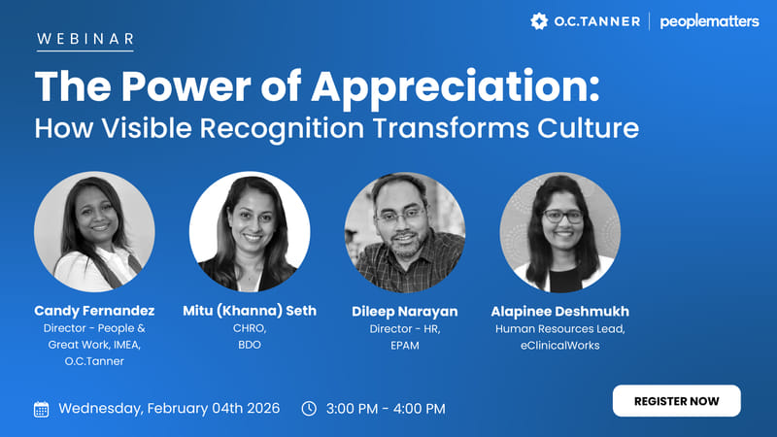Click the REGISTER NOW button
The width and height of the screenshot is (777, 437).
676,400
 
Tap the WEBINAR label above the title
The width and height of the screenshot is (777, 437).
84,39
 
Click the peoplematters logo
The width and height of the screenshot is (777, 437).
709,21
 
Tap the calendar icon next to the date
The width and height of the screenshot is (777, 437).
41,409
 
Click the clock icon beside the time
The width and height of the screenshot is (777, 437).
309,409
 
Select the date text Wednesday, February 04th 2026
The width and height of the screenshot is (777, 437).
169,409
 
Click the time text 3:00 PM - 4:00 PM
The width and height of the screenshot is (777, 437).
387,409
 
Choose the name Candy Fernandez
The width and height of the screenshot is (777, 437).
94,311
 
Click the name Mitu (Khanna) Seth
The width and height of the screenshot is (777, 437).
250,311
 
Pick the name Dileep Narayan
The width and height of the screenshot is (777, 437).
404,312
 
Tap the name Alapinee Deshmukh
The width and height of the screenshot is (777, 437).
559,311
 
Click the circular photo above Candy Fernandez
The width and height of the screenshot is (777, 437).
94,232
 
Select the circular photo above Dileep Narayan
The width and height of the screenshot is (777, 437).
404,232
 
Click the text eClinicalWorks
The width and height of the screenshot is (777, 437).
559,345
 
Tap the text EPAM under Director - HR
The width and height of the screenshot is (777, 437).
404,345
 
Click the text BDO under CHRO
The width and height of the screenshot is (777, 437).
250,345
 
